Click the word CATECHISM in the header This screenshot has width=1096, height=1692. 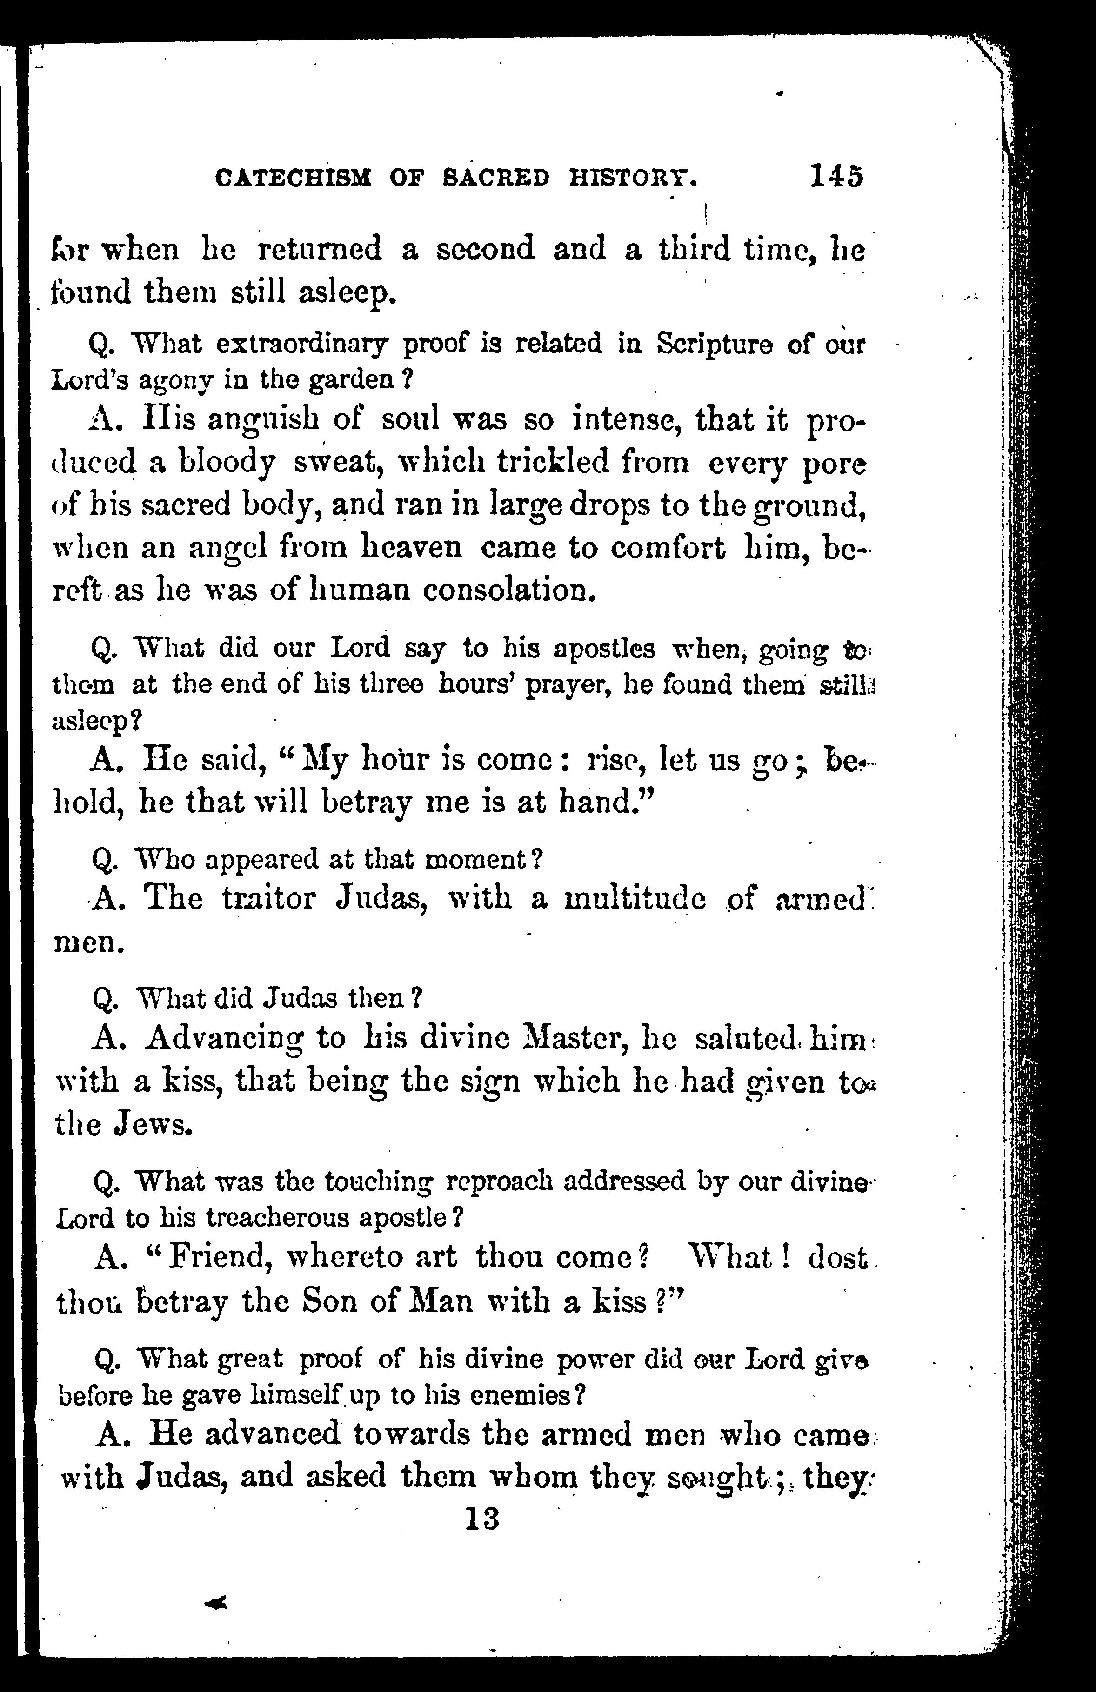pyautogui.click(x=294, y=177)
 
